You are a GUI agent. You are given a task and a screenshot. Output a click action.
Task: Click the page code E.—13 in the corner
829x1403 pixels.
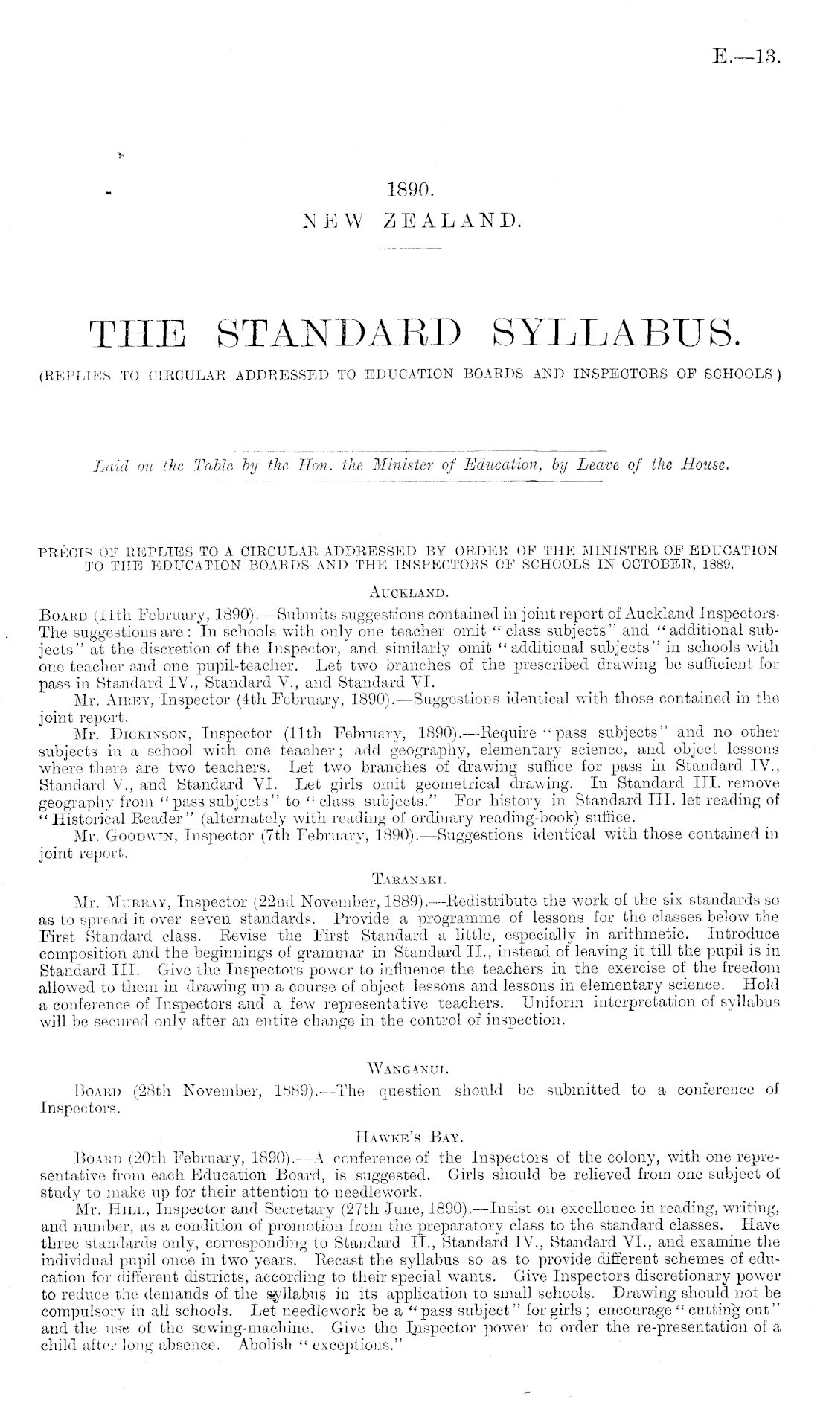[745, 55]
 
